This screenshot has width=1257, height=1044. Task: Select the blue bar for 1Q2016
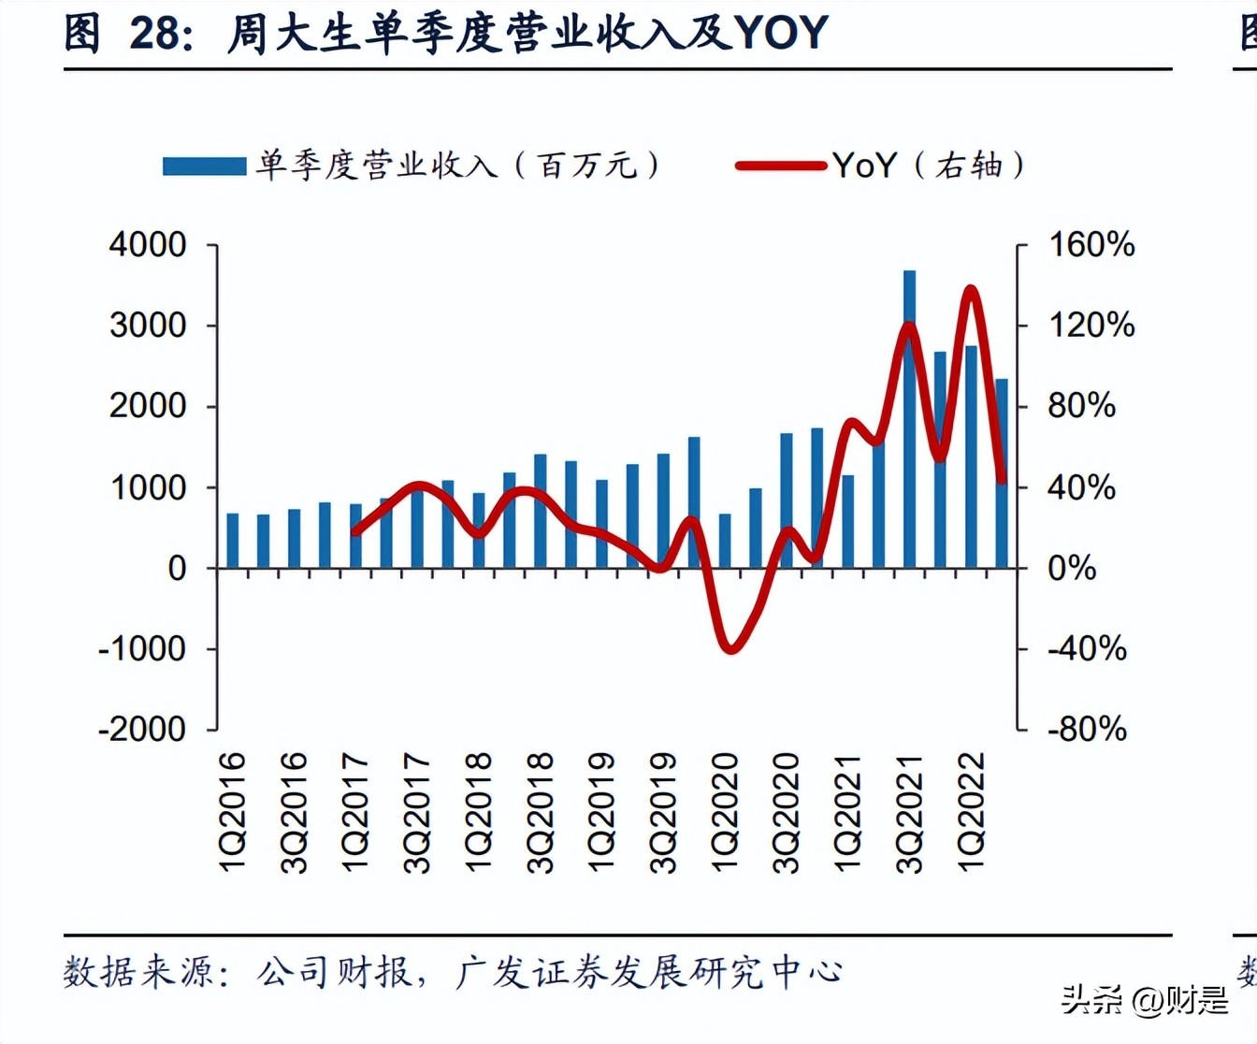click(233, 541)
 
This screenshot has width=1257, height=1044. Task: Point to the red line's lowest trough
click(730, 648)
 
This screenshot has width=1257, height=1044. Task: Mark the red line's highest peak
click(971, 290)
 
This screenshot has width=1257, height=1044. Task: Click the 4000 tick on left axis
click(148, 245)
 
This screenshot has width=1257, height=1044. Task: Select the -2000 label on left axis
click(142, 729)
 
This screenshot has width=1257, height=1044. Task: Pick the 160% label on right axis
click(1091, 245)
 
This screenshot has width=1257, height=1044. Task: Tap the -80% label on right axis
click(1087, 729)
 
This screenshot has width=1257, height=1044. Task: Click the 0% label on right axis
click(1072, 568)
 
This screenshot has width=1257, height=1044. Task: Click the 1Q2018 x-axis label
click(478, 812)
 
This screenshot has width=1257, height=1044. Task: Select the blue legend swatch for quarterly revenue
click(204, 166)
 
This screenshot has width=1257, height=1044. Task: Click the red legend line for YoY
click(780, 166)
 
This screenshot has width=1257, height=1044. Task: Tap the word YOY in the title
click(782, 33)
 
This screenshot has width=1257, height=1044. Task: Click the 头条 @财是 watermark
click(1145, 1000)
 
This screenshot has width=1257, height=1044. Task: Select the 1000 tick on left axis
click(148, 487)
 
